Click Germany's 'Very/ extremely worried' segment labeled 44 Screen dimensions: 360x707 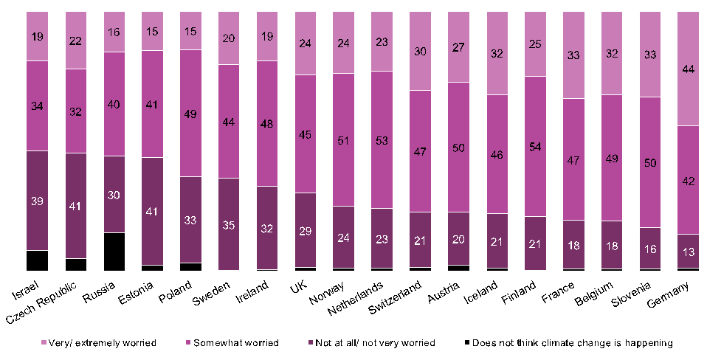[688, 69]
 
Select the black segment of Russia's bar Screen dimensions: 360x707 [114, 252]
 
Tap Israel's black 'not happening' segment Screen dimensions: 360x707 [37, 260]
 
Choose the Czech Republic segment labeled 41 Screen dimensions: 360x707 [75, 207]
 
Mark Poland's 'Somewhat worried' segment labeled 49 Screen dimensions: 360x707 [191, 113]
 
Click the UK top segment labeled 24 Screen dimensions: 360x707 [305, 43]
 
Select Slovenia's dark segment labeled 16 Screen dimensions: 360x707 [649, 249]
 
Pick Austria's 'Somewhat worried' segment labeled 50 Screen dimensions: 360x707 [458, 148]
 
